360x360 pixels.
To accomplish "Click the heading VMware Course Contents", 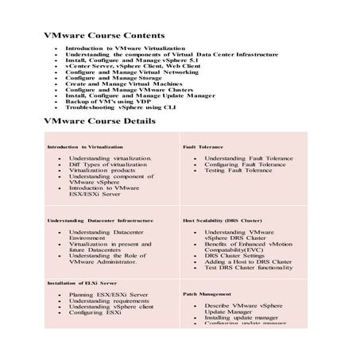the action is pos(103,36).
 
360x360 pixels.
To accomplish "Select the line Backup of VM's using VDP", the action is pos(108,100).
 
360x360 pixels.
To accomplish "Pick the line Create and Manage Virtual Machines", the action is pos(124,83).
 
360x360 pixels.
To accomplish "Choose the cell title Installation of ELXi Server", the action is pos(82,283).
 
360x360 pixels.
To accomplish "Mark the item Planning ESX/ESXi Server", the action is pos(108,295).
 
